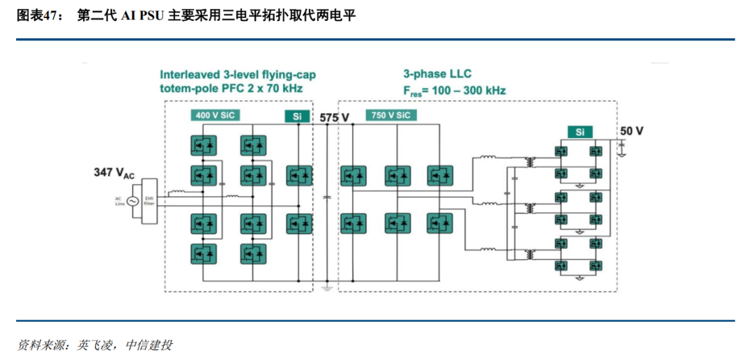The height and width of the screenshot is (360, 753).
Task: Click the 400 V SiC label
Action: [x=215, y=115]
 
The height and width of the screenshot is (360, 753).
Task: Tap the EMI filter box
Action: [x=149, y=202]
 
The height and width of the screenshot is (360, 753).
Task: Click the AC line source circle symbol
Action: [x=132, y=202]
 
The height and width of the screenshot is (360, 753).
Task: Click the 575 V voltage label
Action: [x=334, y=117]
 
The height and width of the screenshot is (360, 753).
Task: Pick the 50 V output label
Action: [x=632, y=131]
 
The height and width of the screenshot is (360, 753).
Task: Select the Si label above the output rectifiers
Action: [x=579, y=132]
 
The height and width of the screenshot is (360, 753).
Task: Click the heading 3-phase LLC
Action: [x=437, y=74]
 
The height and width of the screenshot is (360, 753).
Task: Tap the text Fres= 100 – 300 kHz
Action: [x=454, y=91]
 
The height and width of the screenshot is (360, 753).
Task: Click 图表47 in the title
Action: [x=36, y=16]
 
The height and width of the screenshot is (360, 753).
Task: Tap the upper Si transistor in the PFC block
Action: [x=300, y=175]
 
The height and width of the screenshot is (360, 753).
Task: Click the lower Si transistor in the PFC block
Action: [x=300, y=224]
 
